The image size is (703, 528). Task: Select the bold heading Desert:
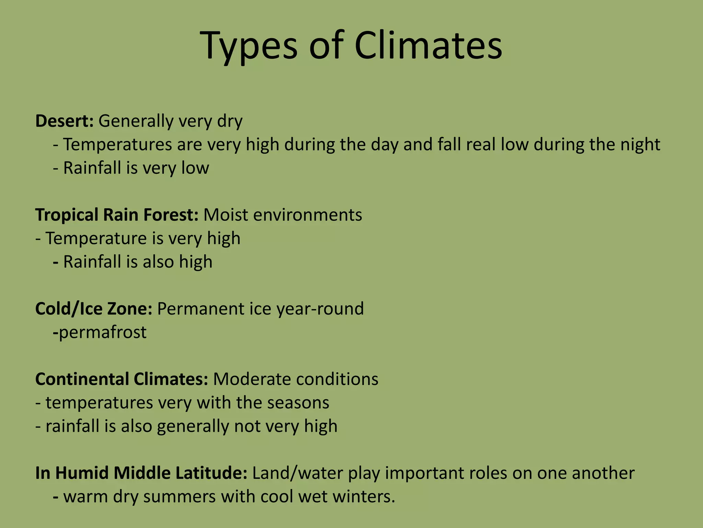pyautogui.click(x=64, y=121)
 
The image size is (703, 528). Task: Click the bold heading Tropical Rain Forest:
pyautogui.click(x=117, y=215)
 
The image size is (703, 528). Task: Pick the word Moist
pyautogui.click(x=226, y=215)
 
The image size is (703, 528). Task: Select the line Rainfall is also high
pyautogui.click(x=138, y=262)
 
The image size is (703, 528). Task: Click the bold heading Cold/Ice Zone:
pyautogui.click(x=94, y=309)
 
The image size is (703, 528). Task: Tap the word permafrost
pyautogui.click(x=103, y=332)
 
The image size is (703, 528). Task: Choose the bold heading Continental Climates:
pyautogui.click(x=122, y=379)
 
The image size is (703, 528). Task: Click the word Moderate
pyautogui.click(x=252, y=379)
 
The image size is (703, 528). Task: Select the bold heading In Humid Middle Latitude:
pyautogui.click(x=141, y=473)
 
